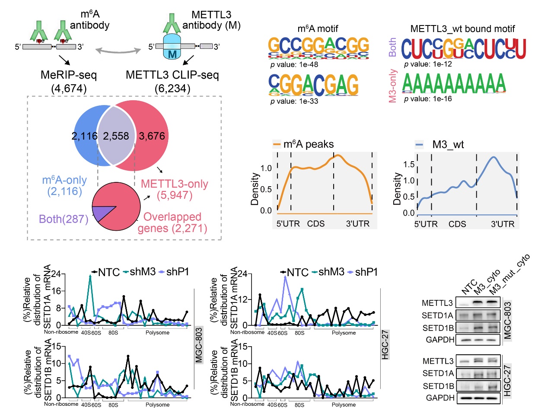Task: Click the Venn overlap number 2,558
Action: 116,136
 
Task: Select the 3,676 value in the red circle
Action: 152,136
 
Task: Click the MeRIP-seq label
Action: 69,75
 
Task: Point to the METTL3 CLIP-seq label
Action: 172,75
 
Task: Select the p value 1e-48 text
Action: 294,65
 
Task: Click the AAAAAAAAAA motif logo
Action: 454,83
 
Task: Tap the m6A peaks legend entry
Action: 303,144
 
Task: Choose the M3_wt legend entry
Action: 440,145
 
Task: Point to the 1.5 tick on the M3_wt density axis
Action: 409,164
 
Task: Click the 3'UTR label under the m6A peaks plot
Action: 358,224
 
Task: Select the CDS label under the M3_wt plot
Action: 457,224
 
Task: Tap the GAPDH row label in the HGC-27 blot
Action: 440,398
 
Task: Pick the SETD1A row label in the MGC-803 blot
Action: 437,315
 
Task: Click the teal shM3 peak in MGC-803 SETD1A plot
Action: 90,276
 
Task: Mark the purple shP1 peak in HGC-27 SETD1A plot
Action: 285,277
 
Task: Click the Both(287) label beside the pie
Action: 64,219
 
